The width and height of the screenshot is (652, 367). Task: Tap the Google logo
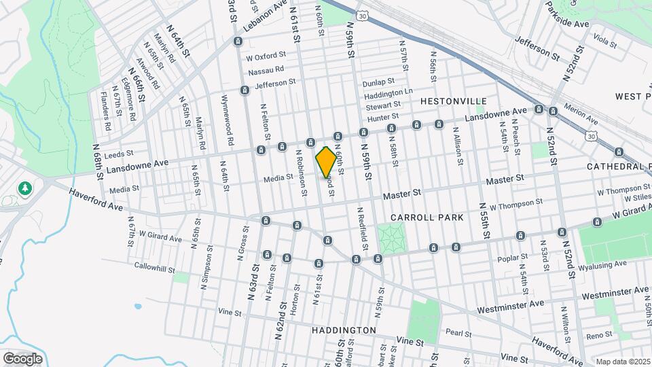click(x=22, y=358)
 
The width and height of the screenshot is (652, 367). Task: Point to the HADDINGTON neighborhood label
click(x=344, y=330)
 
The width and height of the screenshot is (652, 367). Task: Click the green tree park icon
click(x=25, y=187)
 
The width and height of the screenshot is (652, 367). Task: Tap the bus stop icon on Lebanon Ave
click(x=237, y=41)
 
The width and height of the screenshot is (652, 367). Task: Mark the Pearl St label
click(x=454, y=332)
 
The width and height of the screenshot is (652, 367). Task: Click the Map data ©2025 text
click(x=621, y=361)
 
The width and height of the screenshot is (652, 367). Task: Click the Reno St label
click(x=599, y=336)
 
